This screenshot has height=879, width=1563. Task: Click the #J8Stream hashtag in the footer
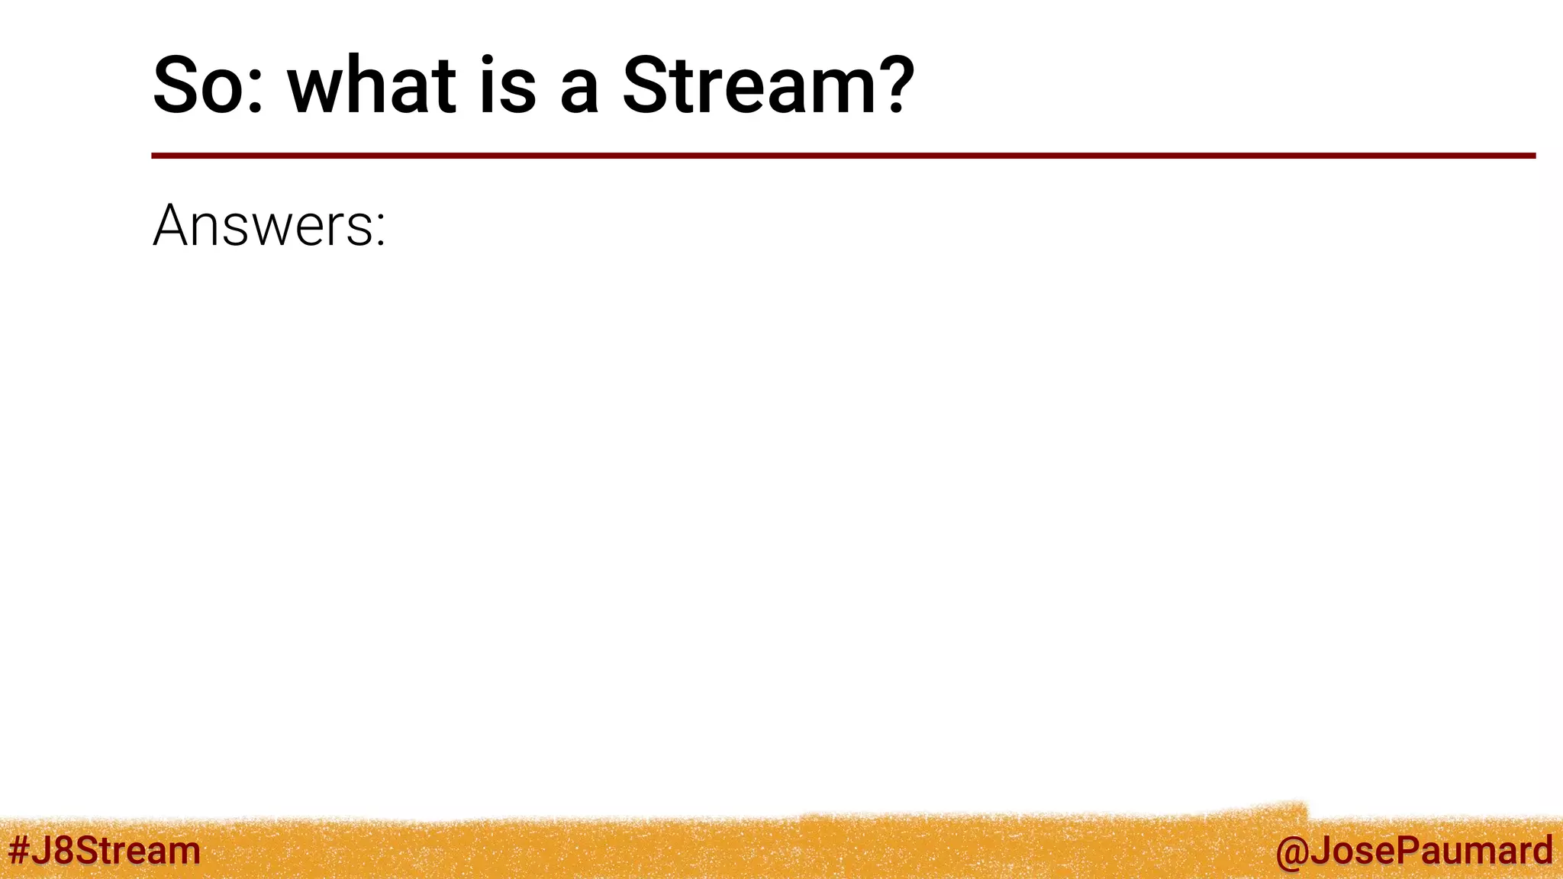105,850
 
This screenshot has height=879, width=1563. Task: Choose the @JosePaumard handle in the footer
1413,851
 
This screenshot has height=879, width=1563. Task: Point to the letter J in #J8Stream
41,850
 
